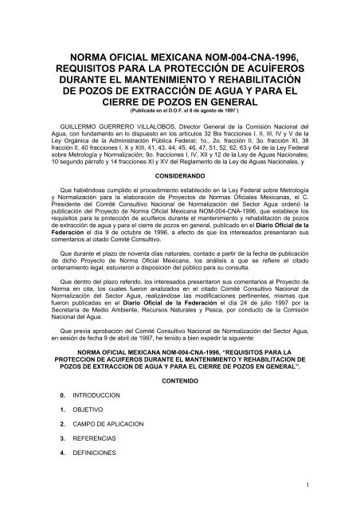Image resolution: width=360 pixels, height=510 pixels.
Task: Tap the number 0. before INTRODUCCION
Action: point(64,396)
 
